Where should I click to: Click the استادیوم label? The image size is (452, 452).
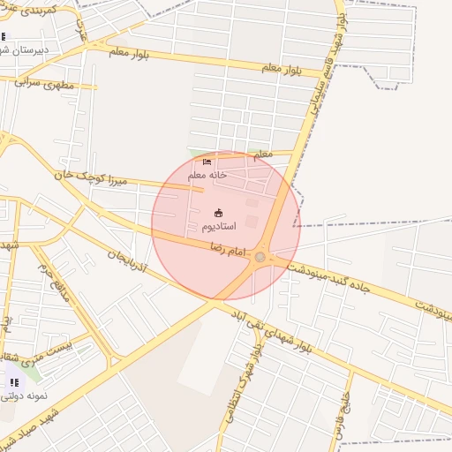(x=219, y=227)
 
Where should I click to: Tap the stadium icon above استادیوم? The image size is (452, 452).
(x=219, y=212)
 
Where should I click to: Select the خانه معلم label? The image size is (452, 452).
(x=207, y=175)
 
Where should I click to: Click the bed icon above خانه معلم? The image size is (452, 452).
(x=207, y=162)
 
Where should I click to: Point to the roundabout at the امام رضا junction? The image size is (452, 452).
(x=260, y=257)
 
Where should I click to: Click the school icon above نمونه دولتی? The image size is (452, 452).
(x=13, y=381)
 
